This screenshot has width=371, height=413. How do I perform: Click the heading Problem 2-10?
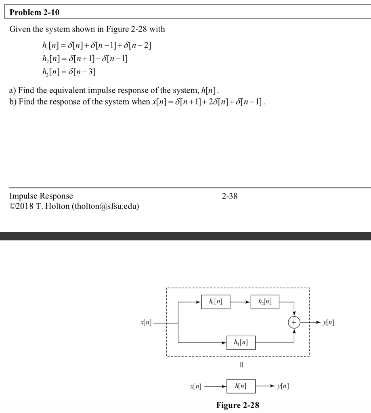pos(34,13)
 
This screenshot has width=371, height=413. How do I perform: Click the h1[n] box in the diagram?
pos(216,302)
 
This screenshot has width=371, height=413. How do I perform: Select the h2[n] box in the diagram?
pos(264,302)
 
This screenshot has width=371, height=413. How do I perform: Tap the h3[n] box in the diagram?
pos(241,342)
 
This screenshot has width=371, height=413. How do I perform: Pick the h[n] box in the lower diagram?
pos(241,386)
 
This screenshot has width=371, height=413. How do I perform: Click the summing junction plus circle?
pos(294,323)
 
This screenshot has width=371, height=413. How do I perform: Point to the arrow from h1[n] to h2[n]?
pos(240,302)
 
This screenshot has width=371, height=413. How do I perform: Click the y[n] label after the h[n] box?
pos(283,386)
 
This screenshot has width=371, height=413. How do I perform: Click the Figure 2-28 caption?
pos(238,405)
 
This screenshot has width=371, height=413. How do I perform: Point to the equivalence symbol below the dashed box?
pos(241,365)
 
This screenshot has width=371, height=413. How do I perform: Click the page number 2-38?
pos(230,196)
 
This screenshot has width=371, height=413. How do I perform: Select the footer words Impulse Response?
pos(41,196)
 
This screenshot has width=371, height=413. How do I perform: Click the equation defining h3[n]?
pos(67,72)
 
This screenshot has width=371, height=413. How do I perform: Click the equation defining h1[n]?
pos(94,45)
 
